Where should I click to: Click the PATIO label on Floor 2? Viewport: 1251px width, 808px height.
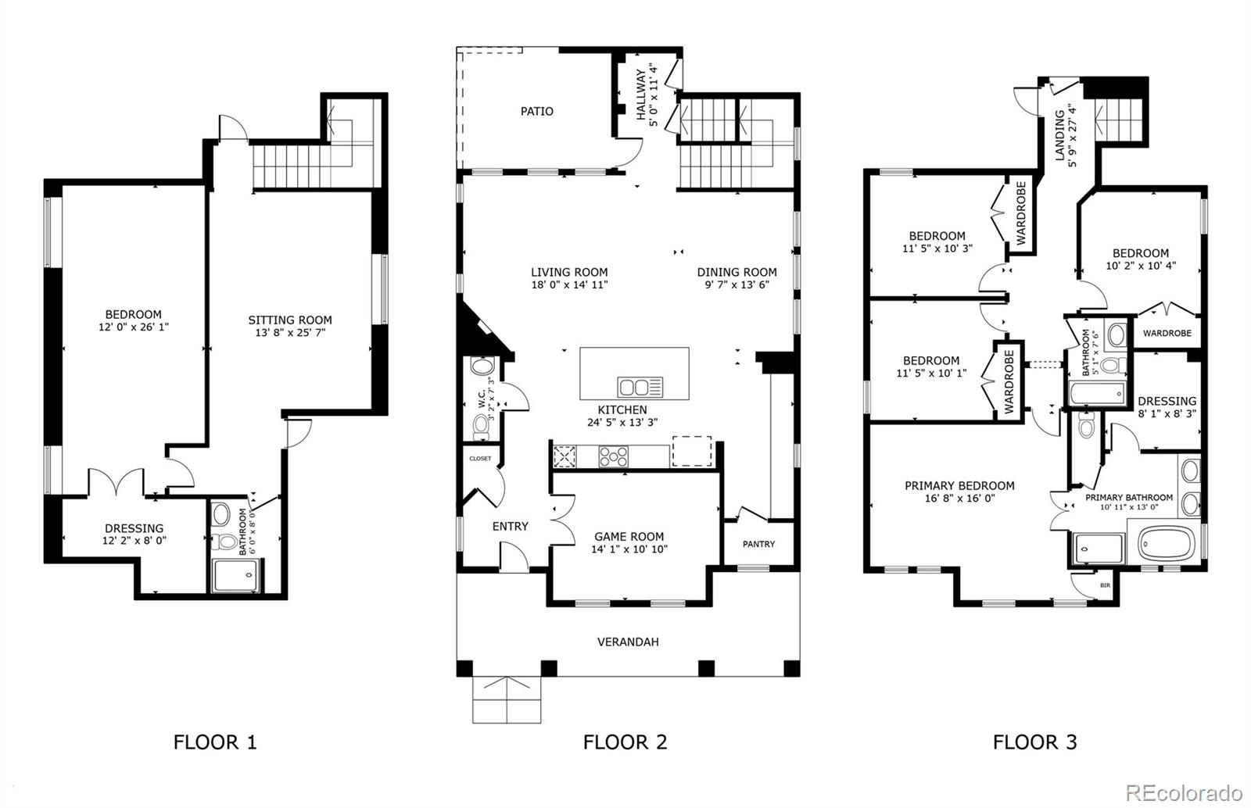(536, 112)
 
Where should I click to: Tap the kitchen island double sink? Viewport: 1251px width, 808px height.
(640, 387)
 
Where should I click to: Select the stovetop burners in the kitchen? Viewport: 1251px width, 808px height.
(613, 457)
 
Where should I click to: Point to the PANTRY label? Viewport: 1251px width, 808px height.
(758, 544)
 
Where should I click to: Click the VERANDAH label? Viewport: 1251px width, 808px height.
(628, 642)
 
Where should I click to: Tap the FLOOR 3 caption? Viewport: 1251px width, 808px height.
(1034, 742)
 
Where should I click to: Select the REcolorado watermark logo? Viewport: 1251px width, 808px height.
(1184, 792)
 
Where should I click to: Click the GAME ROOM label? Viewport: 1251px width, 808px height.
(629, 537)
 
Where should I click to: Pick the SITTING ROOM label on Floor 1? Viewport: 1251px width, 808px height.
(290, 320)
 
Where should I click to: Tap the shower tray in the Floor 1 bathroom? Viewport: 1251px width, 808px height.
(235, 576)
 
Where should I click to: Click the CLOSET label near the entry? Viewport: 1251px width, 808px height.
(480, 459)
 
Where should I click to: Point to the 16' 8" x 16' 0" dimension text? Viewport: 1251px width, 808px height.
(959, 499)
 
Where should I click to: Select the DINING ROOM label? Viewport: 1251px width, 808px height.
(737, 272)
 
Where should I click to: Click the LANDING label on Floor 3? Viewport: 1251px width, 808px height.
(1059, 136)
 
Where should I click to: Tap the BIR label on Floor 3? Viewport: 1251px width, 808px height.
(1105, 585)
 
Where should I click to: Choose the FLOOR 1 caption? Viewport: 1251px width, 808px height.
(215, 742)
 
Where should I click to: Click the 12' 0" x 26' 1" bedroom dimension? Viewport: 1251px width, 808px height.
(134, 327)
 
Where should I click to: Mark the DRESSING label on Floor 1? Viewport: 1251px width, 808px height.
(134, 528)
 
